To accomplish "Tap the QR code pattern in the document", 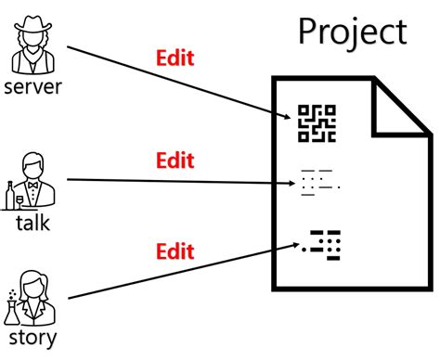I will tap(316, 123).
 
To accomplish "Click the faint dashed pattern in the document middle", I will tap(317, 183).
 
